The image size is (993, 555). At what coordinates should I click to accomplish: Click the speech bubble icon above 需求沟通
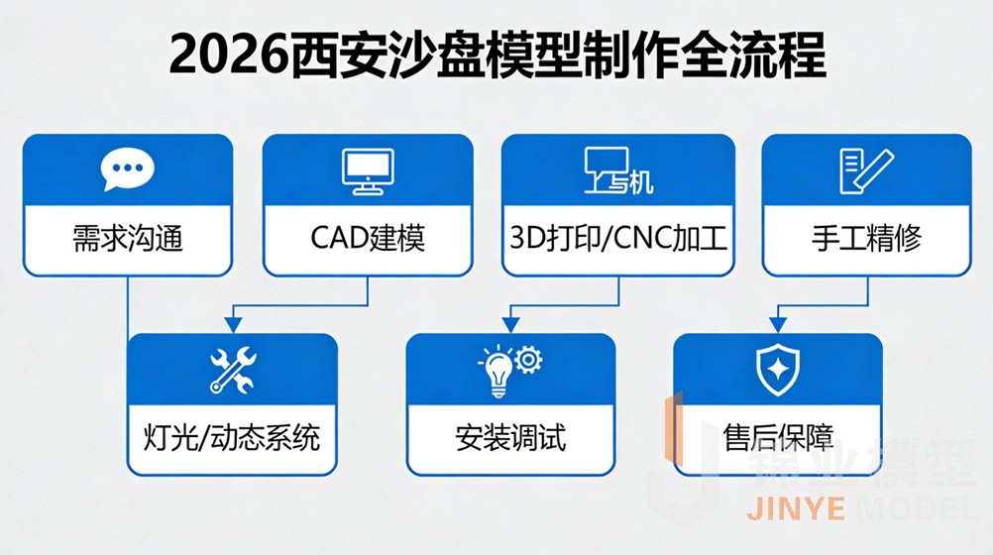[129, 170]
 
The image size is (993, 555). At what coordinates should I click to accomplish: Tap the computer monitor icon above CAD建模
[367, 170]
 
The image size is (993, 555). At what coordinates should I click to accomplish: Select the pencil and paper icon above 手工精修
[864, 170]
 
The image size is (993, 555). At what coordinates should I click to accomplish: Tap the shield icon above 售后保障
[777, 371]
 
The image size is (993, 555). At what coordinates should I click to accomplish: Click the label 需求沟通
[129, 239]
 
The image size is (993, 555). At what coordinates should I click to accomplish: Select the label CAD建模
[368, 239]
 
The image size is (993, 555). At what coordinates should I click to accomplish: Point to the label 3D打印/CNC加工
[618, 239]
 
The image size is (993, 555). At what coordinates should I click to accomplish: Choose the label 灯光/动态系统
[232, 437]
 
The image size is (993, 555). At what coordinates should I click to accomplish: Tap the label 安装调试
[510, 437]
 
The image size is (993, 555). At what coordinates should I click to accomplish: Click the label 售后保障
[778, 437]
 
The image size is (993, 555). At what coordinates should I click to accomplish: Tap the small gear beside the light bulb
[529, 358]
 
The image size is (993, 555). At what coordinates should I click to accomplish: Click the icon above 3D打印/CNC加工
[618, 170]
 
